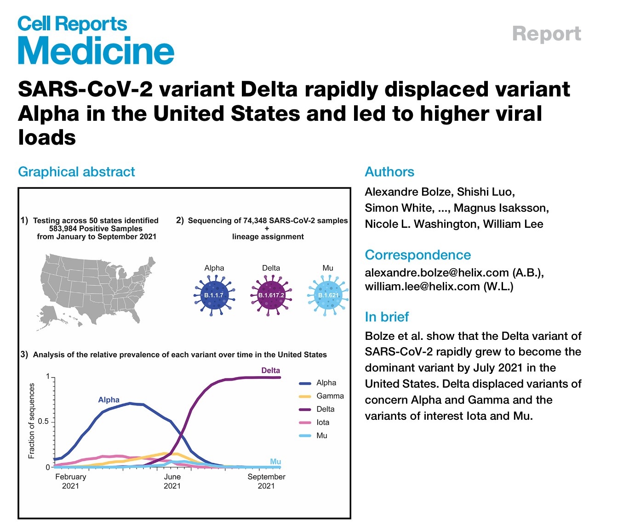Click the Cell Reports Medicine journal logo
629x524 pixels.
(96, 40)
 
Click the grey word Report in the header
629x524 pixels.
(546, 34)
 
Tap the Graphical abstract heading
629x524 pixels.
(76, 172)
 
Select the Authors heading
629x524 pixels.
(389, 172)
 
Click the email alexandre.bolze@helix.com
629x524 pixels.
(437, 272)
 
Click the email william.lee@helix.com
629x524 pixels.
(422, 287)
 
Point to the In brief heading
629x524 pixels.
(387, 317)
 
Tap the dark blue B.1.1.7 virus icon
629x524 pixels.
(214, 295)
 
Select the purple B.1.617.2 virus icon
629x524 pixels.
(271, 295)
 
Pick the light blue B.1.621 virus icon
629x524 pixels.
(328, 295)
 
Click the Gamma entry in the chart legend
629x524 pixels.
(330, 396)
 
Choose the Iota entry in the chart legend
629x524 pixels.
(323, 423)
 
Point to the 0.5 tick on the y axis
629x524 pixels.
(43, 422)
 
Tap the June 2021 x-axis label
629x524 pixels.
(172, 481)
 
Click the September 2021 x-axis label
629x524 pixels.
(266, 481)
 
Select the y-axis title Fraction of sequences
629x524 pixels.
(32, 422)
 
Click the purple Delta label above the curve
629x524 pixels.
(270, 371)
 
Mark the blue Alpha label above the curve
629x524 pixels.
(109, 400)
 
